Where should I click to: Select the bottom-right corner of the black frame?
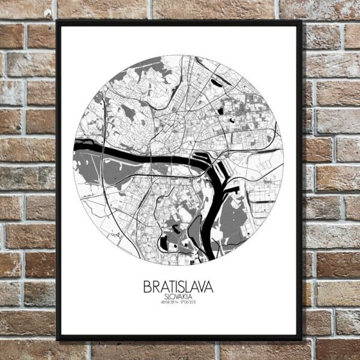pyautogui.click(x=301, y=340)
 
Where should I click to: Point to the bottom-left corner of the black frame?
pyautogui.click(x=57, y=340)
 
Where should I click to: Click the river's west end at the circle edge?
pyautogui.click(x=77, y=146)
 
